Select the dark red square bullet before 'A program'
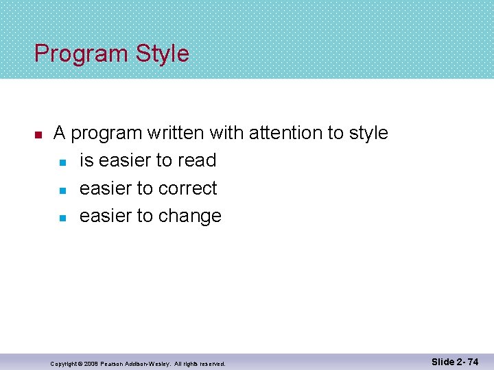point(39,134)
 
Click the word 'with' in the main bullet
point(226,133)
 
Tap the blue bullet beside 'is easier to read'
point(62,162)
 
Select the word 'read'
point(196,160)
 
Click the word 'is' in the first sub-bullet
point(86,160)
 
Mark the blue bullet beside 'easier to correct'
point(62,190)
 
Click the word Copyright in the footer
point(66,363)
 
